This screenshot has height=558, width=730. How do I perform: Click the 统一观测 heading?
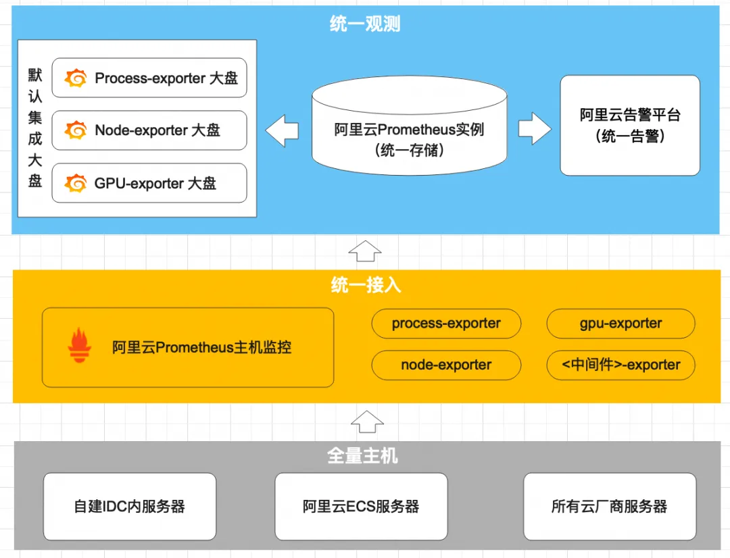(x=365, y=24)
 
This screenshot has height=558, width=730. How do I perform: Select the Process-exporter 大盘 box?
(x=149, y=78)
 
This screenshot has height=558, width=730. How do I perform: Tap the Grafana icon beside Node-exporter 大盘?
(x=76, y=130)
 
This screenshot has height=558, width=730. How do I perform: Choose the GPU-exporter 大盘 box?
(x=149, y=183)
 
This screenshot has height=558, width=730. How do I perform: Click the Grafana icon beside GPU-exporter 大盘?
(x=76, y=183)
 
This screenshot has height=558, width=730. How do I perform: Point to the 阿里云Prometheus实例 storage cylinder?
(x=409, y=129)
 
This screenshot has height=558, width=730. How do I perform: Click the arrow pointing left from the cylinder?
(x=282, y=129)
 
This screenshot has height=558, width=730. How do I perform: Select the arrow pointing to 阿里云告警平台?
(x=535, y=129)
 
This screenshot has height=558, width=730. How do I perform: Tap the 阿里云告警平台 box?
(x=630, y=126)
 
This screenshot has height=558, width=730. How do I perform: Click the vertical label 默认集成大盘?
(x=35, y=128)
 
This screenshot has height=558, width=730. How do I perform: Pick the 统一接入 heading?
(x=366, y=285)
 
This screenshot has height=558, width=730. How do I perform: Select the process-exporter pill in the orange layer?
(x=446, y=324)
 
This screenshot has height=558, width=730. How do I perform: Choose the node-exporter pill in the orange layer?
(x=446, y=365)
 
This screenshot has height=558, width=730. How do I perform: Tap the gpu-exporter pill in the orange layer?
(x=620, y=324)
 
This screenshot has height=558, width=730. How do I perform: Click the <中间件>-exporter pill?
(x=620, y=365)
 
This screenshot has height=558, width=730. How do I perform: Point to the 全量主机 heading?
(x=363, y=456)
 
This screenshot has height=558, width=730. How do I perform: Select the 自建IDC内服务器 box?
(x=130, y=506)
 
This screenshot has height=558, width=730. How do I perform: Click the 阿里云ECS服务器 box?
(x=361, y=506)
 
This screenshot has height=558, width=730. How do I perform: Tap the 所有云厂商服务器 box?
(x=609, y=506)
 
